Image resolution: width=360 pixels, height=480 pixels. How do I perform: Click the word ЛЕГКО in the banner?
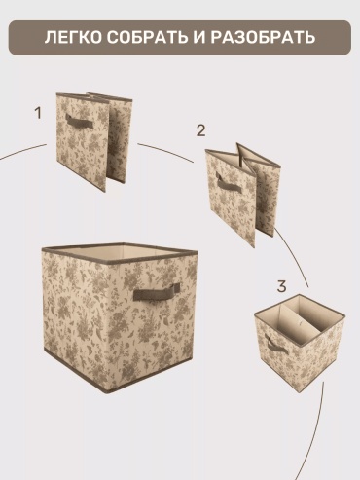coord(73,37)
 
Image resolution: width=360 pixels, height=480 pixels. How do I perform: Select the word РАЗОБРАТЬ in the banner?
coord(263,37)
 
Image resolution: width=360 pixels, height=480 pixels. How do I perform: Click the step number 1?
coord(38,113)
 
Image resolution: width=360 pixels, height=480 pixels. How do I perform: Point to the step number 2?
coord(201,130)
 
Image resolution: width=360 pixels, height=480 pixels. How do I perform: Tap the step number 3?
coord(281,286)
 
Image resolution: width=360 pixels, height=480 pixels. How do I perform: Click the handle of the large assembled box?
coord(157,291)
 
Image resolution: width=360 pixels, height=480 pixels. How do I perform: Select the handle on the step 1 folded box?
coord(80,122)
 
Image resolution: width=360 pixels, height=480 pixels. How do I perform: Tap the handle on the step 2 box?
coord(229,183)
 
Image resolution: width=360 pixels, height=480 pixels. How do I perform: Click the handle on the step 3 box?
coord(275,345)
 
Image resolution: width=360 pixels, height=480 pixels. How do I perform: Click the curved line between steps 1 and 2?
coord(165,151)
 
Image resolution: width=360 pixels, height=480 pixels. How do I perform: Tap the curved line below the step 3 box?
coord(316,435)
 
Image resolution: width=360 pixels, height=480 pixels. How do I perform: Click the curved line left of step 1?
coord(22,151)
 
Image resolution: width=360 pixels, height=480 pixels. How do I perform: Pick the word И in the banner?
coord(199,37)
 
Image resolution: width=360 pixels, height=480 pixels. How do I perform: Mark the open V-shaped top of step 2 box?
coord(241,156)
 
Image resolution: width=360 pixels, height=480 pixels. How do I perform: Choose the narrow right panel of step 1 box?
coord(120,138)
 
